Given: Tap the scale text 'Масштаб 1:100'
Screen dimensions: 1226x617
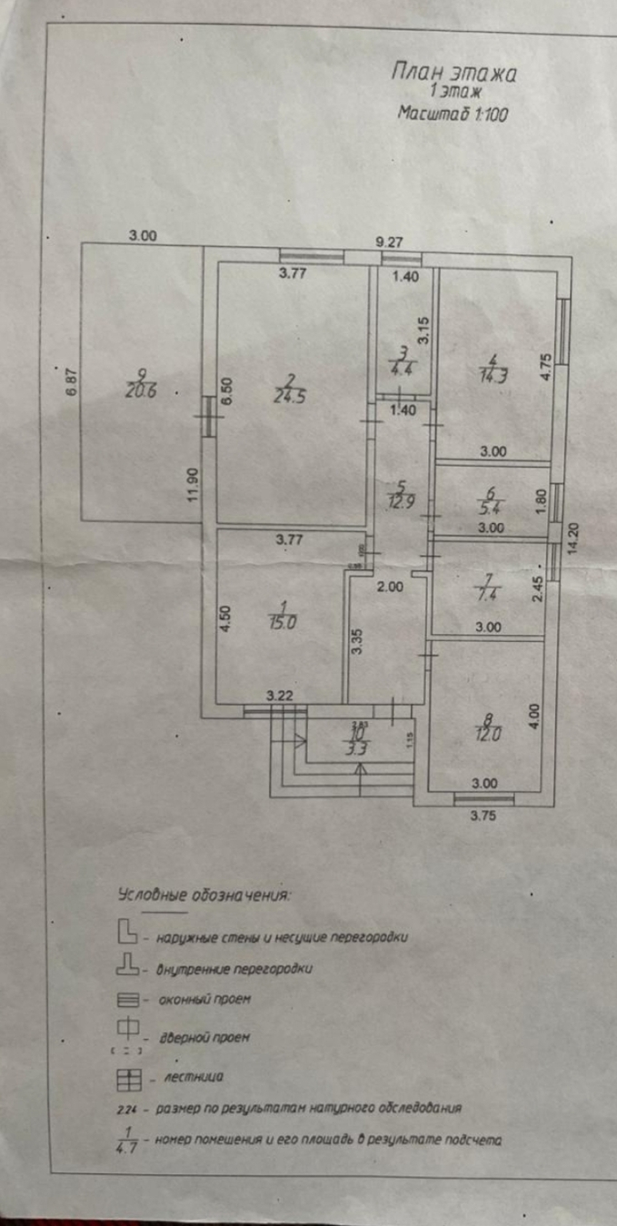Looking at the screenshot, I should pos(453,114).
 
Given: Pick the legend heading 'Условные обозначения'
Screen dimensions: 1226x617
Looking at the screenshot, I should pos(205,895).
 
